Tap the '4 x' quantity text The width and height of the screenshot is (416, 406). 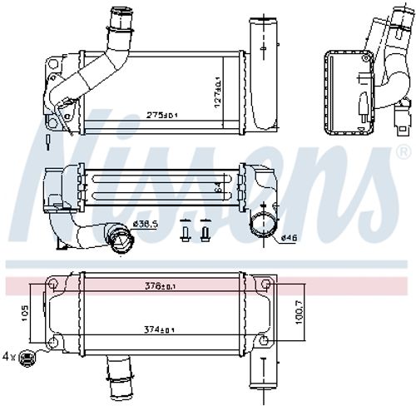point(9,356)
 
